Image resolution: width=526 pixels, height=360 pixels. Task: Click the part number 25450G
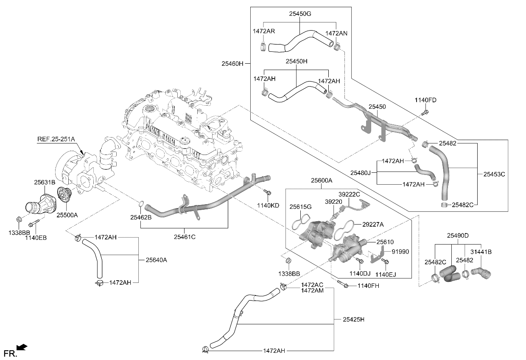[x=300, y=14]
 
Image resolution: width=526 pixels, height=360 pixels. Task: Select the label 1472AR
[x=264, y=31]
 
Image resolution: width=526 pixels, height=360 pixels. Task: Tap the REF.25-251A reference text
[x=56, y=139]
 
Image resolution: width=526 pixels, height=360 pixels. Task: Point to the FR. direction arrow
[x=22, y=347]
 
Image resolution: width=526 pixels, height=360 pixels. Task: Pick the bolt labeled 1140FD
[x=425, y=112]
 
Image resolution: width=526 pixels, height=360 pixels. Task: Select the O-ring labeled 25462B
[x=141, y=204]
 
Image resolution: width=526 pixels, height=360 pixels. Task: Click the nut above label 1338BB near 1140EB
[x=19, y=220]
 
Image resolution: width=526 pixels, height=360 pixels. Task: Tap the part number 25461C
[x=185, y=237]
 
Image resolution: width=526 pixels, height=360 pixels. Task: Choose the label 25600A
[x=322, y=180]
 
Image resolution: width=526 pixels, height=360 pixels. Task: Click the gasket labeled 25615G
[x=301, y=222]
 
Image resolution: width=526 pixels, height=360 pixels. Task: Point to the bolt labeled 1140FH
[x=343, y=284]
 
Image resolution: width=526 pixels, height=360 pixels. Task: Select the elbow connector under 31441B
[x=481, y=273]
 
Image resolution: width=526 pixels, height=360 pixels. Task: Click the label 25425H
[x=353, y=319]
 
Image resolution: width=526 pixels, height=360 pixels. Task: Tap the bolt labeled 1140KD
[x=267, y=192]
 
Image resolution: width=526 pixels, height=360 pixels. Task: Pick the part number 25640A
[x=156, y=260]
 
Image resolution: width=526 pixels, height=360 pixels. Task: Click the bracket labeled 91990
[x=377, y=254]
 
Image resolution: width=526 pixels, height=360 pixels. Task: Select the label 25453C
[x=494, y=174]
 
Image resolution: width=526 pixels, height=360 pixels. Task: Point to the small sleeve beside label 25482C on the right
[x=444, y=205]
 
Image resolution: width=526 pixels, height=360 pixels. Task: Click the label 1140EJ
[x=386, y=275]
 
